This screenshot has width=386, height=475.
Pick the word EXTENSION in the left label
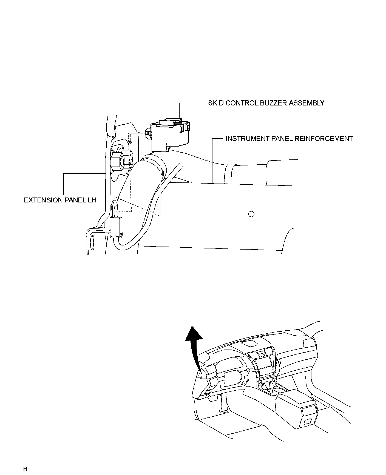coord(43,200)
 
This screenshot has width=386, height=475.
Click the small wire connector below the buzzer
coord(117,227)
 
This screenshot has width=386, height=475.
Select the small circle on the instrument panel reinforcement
coord(251,214)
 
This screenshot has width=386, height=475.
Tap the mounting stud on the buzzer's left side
coord(148,133)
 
